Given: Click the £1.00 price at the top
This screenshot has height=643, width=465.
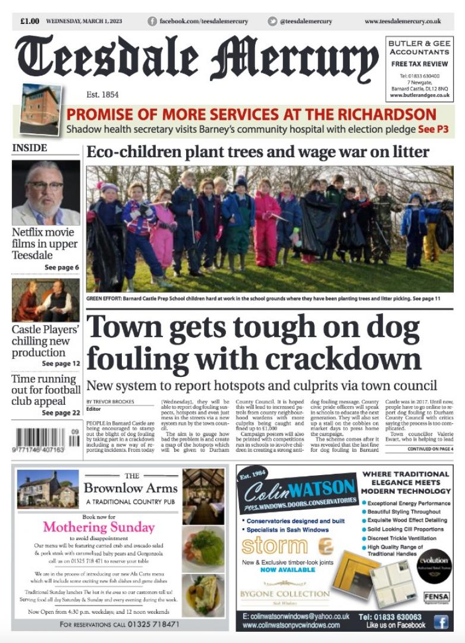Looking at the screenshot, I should pyautogui.click(x=29, y=21).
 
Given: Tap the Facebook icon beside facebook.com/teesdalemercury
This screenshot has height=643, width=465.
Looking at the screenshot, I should pyautogui.click(x=153, y=21).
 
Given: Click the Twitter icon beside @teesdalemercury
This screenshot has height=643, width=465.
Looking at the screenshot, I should pyautogui.click(x=272, y=21).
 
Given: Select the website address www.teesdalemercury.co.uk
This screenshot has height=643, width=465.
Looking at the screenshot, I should pyautogui.click(x=403, y=21).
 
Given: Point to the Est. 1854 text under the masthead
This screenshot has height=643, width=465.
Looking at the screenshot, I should pyautogui.click(x=102, y=95).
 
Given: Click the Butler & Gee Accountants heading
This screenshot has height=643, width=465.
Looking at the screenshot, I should pyautogui.click(x=419, y=48).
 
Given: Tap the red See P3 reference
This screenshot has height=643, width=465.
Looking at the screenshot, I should pyautogui.click(x=433, y=129).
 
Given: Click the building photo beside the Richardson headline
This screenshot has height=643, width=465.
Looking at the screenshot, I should pyautogui.click(x=40, y=110).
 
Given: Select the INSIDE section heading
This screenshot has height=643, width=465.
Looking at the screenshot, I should pyautogui.click(x=29, y=148).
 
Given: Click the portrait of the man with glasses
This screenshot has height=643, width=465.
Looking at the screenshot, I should pyautogui.click(x=46, y=192).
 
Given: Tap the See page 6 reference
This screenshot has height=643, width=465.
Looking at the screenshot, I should pyautogui.click(x=61, y=268).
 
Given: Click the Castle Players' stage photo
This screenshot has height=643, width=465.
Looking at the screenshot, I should pyautogui.click(x=46, y=301).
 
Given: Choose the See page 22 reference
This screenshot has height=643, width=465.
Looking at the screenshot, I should pyautogui.click(x=61, y=413).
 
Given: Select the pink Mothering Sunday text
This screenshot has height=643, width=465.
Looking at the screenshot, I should pyautogui.click(x=99, y=527).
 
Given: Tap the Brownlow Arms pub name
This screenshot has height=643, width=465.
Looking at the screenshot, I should pyautogui.click(x=131, y=489).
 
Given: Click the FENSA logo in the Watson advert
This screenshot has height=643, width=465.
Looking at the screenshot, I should pyautogui.click(x=436, y=597).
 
